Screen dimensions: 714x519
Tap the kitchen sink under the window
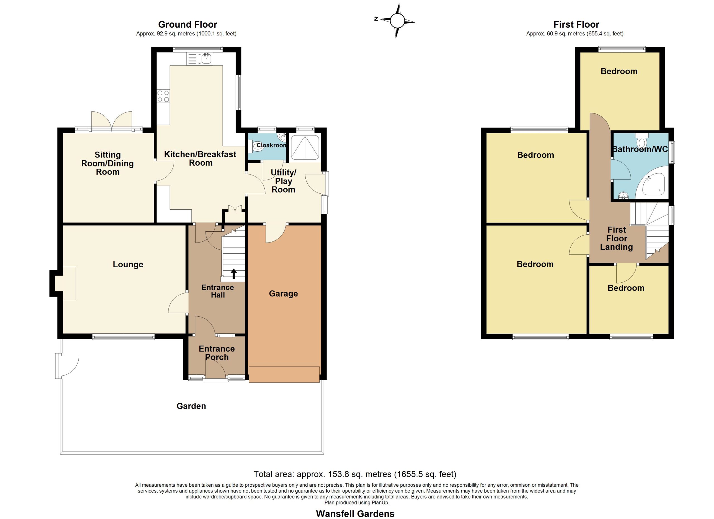(200, 59)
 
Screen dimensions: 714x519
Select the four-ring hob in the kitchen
(163, 96)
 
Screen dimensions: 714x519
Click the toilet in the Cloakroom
(256, 146)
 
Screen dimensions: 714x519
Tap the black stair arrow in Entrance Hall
(234, 274)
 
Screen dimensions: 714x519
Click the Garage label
(283, 294)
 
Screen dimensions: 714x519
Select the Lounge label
(128, 265)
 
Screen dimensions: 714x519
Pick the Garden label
(191, 406)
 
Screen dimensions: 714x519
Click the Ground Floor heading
(188, 25)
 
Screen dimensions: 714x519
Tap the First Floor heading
(576, 25)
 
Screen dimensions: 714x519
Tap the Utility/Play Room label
(283, 181)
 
